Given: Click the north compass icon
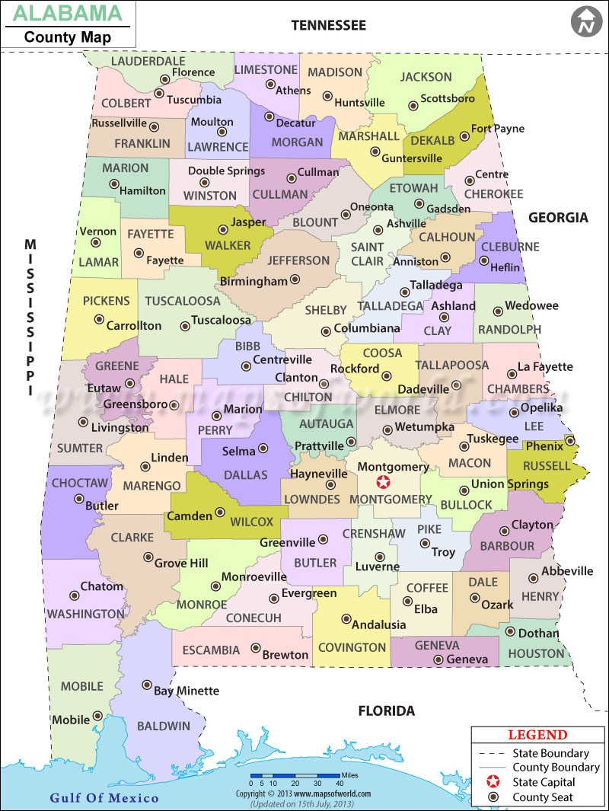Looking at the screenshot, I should [x=585, y=21].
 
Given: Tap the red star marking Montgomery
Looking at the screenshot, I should [x=384, y=482].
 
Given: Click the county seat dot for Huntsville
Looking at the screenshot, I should [x=327, y=97].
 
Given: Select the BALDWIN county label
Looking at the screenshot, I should [x=164, y=726].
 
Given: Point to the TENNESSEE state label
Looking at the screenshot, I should [x=329, y=26].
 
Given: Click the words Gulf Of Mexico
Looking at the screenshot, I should [x=104, y=797].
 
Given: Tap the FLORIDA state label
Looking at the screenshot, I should [x=387, y=711].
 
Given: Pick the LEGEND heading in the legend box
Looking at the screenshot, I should [x=537, y=735].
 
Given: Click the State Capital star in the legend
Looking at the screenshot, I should [x=493, y=782].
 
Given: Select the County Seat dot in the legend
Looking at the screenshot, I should [x=493, y=797].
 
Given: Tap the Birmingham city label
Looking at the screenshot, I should [x=254, y=281].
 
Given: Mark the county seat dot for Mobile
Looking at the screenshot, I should [x=97, y=716].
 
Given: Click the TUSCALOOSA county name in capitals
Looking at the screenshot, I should [x=183, y=301].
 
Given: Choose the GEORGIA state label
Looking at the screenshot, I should [x=559, y=218].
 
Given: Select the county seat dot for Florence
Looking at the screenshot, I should [x=164, y=78].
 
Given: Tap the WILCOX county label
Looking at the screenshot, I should [x=251, y=522].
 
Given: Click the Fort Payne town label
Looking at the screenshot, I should [x=498, y=129].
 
